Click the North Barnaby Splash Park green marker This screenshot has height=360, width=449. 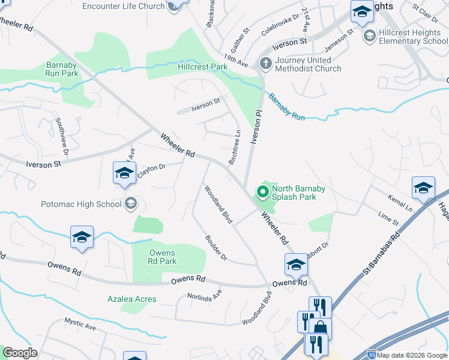tap(262, 193)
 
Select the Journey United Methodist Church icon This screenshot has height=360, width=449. tap(265, 63)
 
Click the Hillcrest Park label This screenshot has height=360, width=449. tap(202, 67)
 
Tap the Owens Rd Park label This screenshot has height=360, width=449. tap(163, 257)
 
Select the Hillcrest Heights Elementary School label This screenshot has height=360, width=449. tap(414, 37)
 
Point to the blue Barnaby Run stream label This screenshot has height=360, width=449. tap(286, 107)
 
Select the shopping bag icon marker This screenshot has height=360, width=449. tap(321, 328)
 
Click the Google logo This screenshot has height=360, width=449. tap(20, 353)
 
